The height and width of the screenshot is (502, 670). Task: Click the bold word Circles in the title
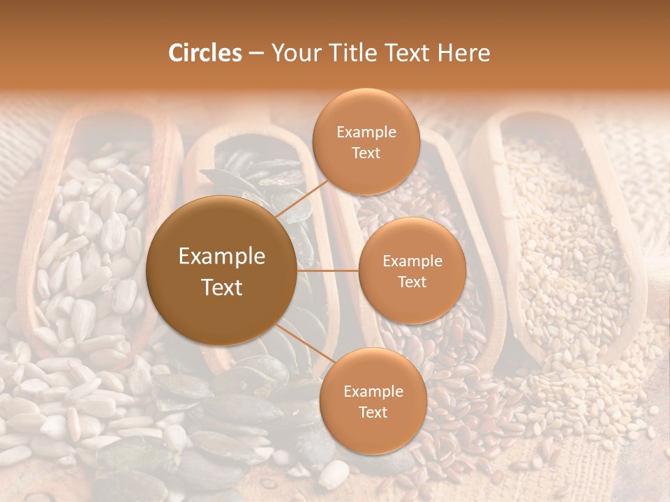click(x=204, y=53)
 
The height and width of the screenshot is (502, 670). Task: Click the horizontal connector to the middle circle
click(x=328, y=271)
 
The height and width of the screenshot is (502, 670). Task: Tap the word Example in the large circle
click(x=222, y=257)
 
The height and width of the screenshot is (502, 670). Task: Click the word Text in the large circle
click(x=222, y=287)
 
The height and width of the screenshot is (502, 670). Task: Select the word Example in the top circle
click(x=366, y=132)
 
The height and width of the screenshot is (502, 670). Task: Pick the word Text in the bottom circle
click(x=373, y=412)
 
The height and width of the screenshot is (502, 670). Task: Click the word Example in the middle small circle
click(x=412, y=261)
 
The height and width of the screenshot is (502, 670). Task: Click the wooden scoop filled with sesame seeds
click(x=558, y=230)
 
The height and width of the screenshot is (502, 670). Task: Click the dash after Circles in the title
click(x=256, y=54)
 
